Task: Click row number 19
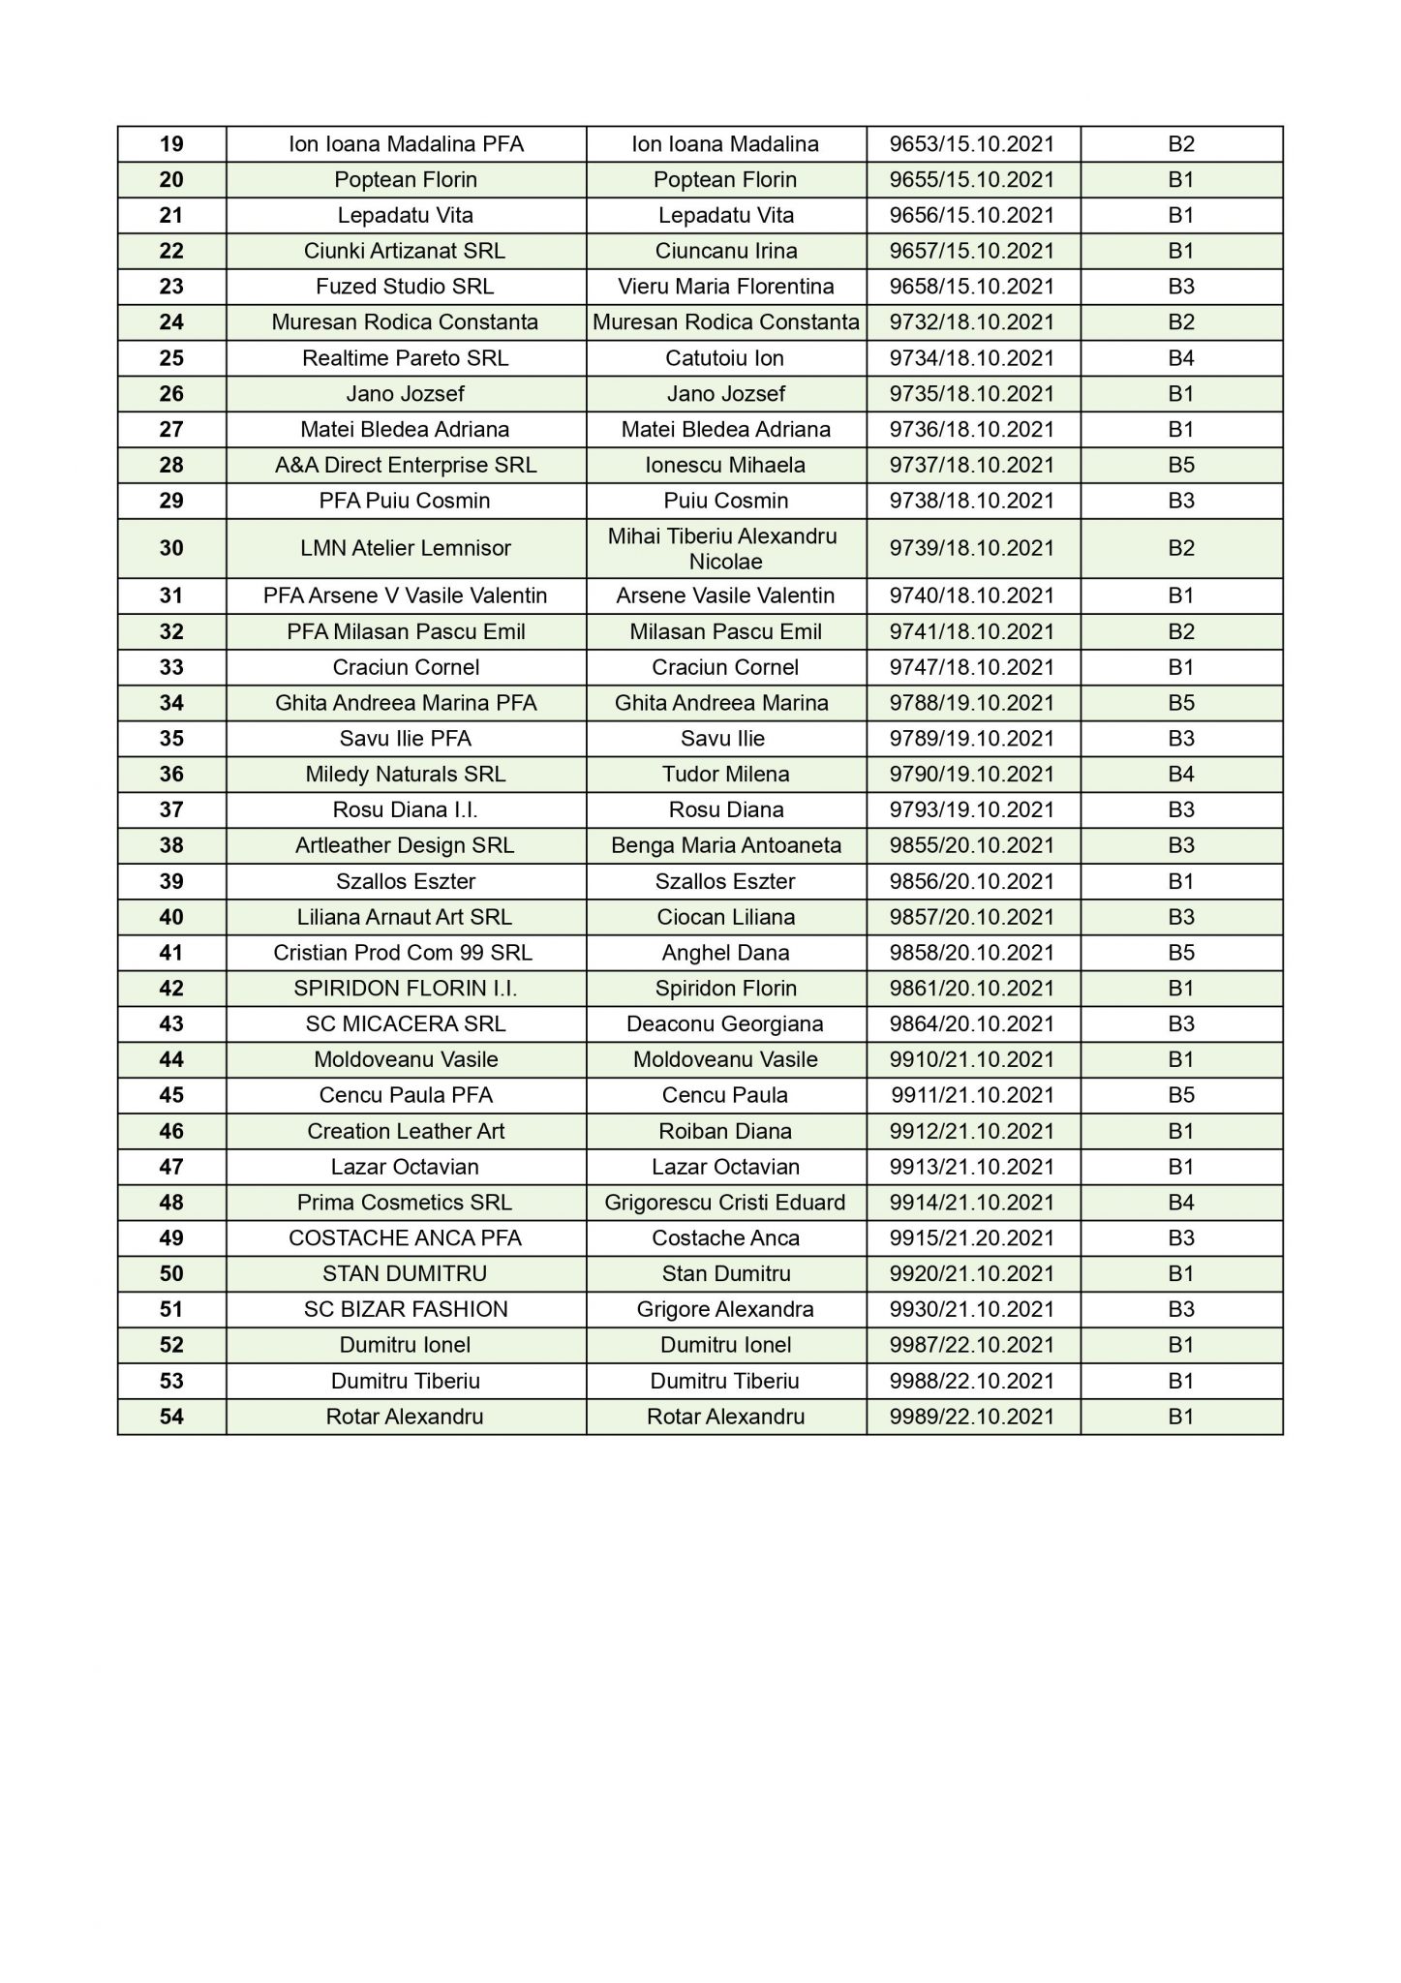(171, 144)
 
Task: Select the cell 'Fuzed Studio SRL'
(405, 287)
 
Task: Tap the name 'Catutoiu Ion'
(725, 358)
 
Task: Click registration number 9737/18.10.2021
(972, 465)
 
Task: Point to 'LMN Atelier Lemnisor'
(406, 548)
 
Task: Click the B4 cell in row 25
(1181, 358)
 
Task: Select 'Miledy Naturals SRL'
(406, 774)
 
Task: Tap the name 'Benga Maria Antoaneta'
(726, 845)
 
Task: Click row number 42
(171, 989)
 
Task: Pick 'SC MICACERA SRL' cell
(406, 1023)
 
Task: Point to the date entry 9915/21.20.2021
(972, 1237)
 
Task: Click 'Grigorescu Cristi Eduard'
(725, 1203)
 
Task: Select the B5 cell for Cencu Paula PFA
(1181, 1095)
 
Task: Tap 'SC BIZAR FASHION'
(406, 1309)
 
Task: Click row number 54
(171, 1417)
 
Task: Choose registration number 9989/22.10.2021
(972, 1417)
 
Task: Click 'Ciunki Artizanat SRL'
(405, 251)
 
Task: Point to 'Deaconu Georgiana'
(725, 1023)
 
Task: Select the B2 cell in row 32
(1181, 632)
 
